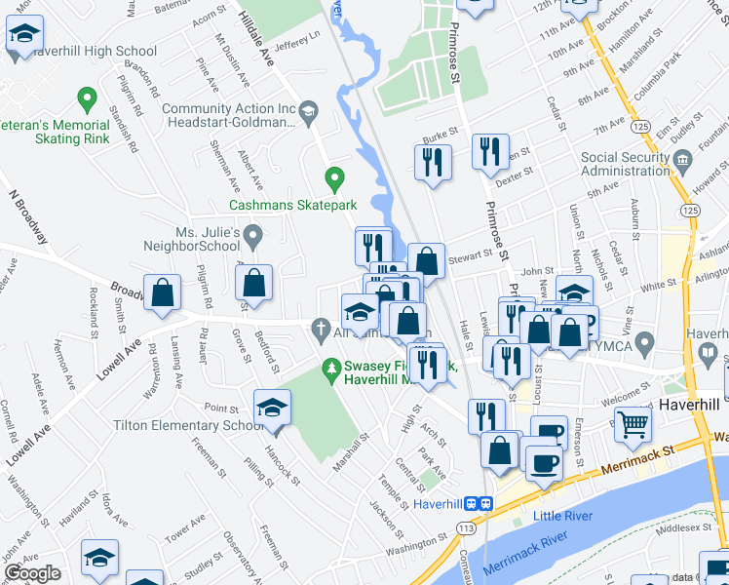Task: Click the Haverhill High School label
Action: (95, 51)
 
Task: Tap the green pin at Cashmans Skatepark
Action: (334, 179)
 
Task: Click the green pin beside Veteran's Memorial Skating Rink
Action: (87, 99)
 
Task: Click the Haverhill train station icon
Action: (478, 504)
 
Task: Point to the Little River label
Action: (561, 514)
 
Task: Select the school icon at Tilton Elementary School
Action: (273, 408)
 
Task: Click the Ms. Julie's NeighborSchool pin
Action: (253, 235)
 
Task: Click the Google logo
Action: (32, 573)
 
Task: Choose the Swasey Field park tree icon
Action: (332, 368)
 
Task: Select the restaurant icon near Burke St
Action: (432, 162)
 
